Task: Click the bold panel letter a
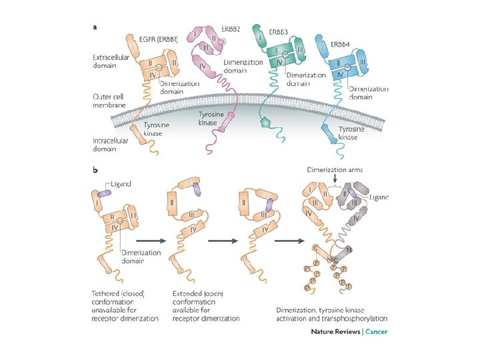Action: (x=95, y=27)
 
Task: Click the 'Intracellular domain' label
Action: (x=110, y=143)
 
